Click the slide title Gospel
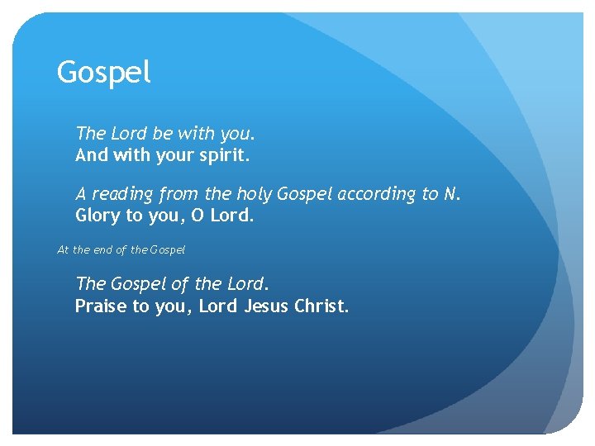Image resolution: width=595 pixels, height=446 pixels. (104, 74)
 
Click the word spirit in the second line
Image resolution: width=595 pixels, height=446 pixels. (226, 154)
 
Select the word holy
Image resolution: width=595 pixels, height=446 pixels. (254, 194)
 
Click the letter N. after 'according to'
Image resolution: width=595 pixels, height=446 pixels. (450, 194)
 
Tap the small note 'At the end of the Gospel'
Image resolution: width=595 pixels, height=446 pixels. (121, 249)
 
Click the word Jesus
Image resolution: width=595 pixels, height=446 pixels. (264, 306)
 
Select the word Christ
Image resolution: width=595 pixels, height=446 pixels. (321, 306)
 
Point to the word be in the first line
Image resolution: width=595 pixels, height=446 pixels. (164, 132)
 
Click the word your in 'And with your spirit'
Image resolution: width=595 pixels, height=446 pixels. (174, 154)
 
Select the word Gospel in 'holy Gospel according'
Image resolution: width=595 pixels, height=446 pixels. (303, 194)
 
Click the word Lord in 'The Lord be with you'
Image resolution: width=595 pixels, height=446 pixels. (128, 132)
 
